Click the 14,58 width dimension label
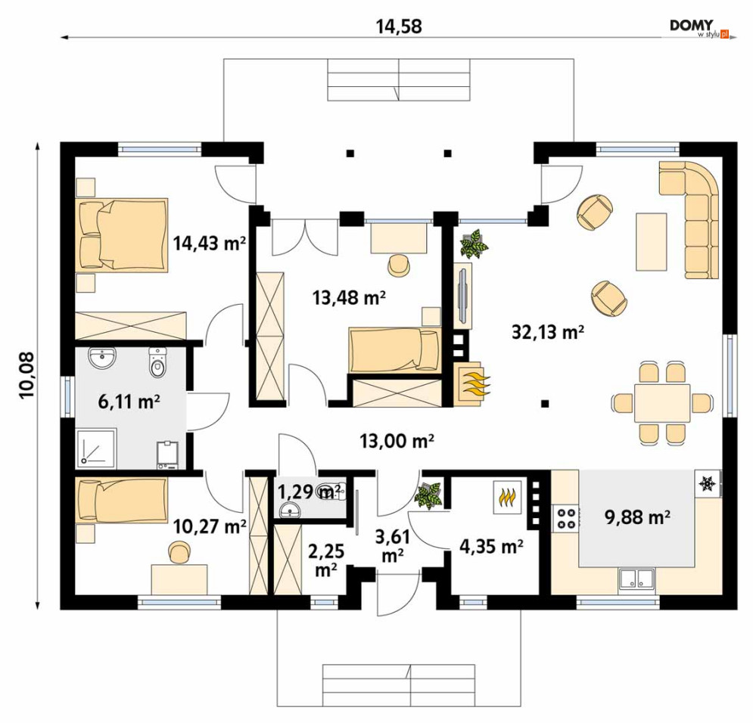pos(399,26)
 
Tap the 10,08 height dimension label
pos(27,374)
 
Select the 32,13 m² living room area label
pos(547,331)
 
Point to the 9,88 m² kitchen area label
pos(637,517)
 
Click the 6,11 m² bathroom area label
pos(129,401)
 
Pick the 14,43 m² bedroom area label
pos(210,244)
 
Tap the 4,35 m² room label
pos(491,546)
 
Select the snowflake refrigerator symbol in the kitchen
pos(708,483)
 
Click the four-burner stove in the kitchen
pos(566,518)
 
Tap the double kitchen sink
pos(636,579)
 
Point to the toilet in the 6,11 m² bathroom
pos(157,362)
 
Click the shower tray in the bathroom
pos(95,448)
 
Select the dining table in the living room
pos(662,402)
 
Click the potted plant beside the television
pos(474,244)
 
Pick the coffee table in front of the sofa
pos(651,242)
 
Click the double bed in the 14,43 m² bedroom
pos(122,235)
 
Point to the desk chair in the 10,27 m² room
pos(179,552)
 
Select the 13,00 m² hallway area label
pos(397,440)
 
